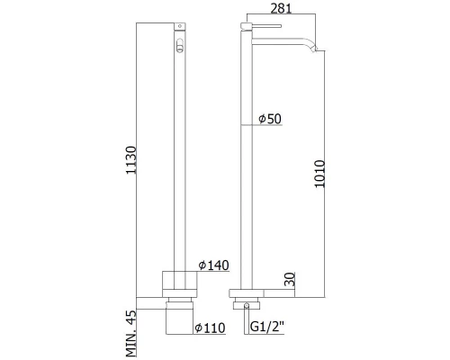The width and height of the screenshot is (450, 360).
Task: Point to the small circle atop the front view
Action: click(x=180, y=29)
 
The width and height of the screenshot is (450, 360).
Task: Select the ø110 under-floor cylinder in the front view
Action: click(x=179, y=314)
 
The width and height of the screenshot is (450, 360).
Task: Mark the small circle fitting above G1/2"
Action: click(x=243, y=305)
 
